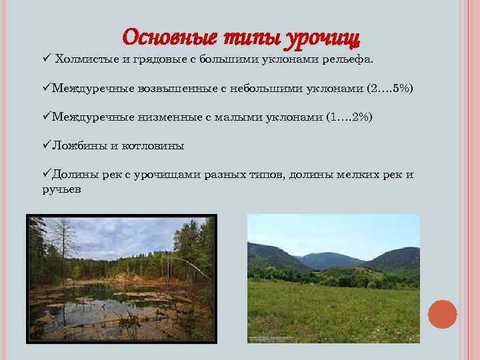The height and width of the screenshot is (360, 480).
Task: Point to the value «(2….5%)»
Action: point(390,88)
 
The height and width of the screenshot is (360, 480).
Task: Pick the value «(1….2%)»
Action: point(349,117)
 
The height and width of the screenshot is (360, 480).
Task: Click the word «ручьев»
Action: point(61,189)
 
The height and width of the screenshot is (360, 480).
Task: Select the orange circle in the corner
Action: point(442,314)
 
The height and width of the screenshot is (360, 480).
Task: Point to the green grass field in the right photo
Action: point(333,307)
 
